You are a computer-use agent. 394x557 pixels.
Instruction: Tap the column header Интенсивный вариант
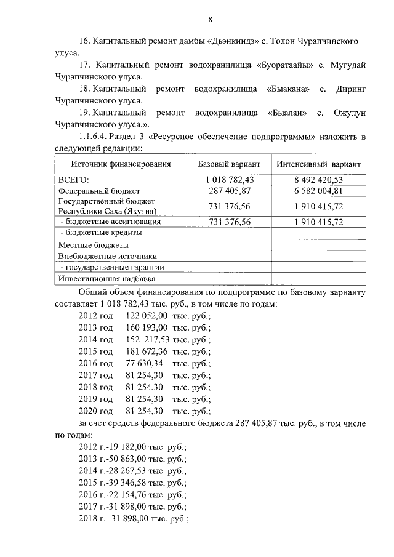318,164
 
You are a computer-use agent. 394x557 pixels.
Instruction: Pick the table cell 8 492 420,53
318,180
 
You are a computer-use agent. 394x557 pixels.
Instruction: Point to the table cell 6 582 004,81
318,191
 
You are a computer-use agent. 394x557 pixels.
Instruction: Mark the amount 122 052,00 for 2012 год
147,315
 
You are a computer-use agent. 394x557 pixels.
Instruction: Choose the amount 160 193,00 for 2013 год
147,327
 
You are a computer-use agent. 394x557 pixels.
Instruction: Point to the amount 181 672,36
147,351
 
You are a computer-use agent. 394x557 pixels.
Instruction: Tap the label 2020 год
95,411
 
